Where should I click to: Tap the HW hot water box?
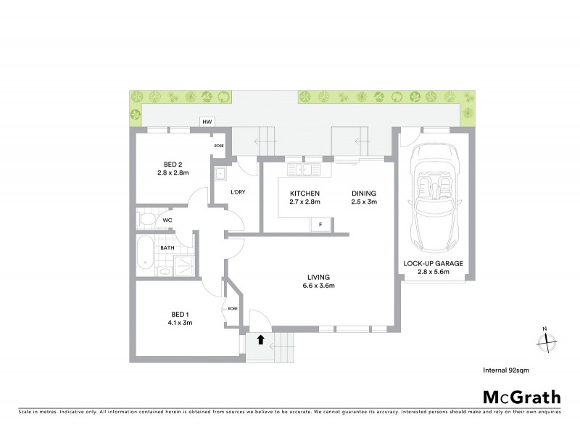(207, 122)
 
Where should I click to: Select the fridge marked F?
(320, 225)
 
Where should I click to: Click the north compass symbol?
(547, 339)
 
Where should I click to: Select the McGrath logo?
(522, 397)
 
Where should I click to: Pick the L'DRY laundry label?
(237, 192)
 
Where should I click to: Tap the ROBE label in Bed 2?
(218, 146)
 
